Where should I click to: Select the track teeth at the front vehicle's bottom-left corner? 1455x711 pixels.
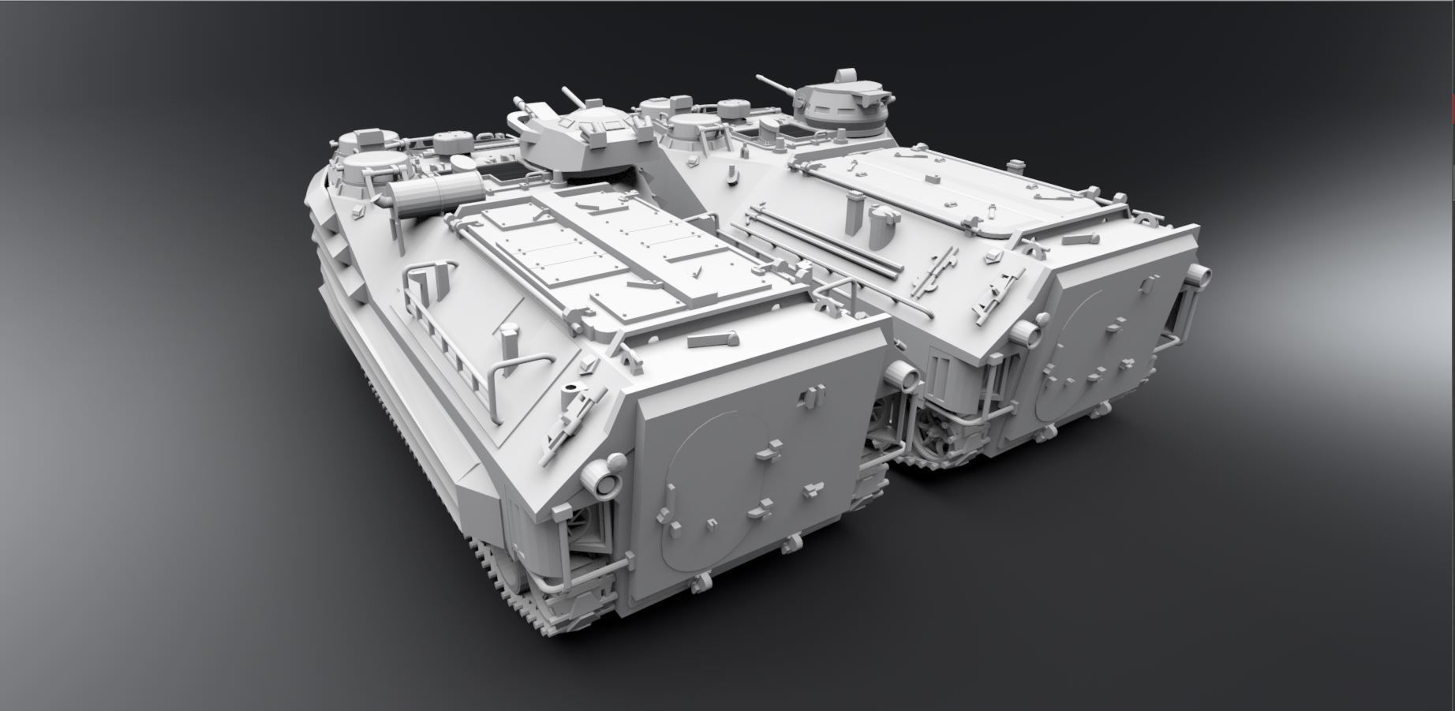505,584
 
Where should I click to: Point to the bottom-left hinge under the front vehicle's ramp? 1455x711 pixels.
699,583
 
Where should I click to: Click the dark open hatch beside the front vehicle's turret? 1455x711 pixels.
497,170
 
